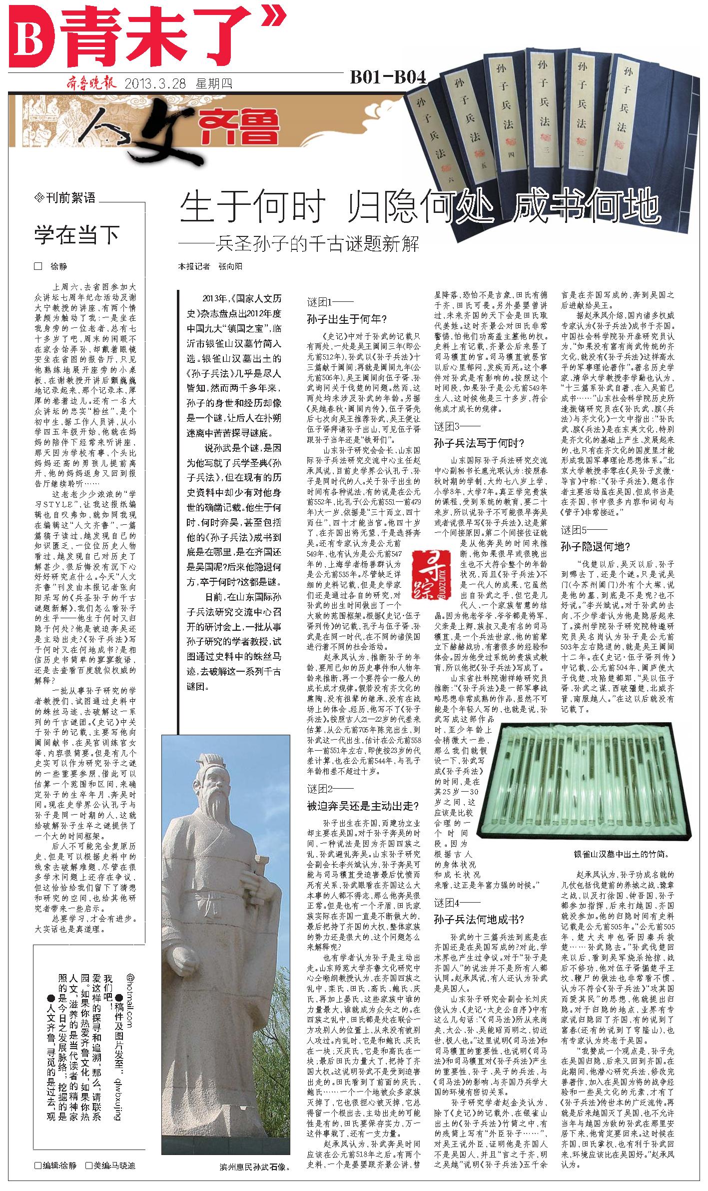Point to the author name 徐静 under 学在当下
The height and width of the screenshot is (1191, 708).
click(58, 266)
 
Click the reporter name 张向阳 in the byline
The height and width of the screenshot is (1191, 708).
click(230, 266)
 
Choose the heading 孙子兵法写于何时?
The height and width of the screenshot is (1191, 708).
click(479, 442)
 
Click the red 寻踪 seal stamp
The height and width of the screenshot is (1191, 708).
click(423, 575)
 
